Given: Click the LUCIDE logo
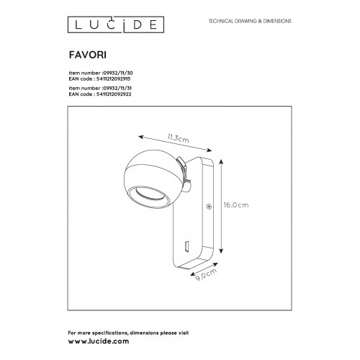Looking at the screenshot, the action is (116, 24).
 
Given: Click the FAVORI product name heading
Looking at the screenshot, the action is (88, 55).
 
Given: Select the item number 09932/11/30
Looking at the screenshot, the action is (117, 73).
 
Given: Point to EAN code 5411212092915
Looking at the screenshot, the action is (114, 78).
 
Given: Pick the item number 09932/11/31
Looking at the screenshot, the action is (117, 88).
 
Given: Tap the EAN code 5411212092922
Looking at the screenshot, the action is (114, 94).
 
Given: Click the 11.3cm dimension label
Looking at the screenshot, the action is (179, 138).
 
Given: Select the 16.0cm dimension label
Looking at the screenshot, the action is (236, 205).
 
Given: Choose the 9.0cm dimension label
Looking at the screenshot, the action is (206, 275).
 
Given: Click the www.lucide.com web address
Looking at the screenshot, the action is (99, 341).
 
